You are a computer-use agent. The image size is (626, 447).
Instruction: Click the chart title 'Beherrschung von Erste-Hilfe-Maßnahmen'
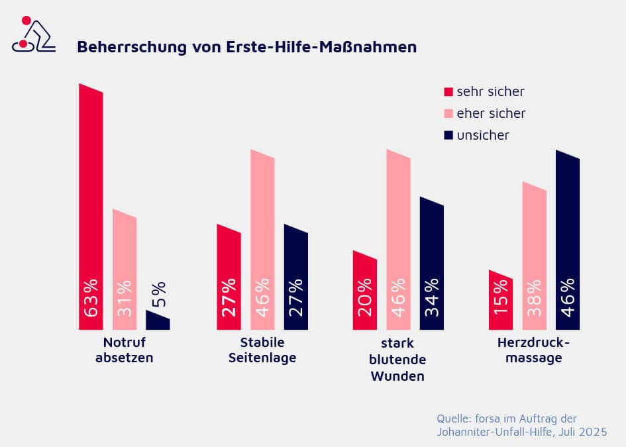[246, 47]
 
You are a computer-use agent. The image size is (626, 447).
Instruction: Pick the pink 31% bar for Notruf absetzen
[125, 272]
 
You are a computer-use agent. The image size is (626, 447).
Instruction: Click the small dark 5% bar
[158, 321]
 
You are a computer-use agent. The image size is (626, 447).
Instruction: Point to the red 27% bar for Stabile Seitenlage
[229, 278]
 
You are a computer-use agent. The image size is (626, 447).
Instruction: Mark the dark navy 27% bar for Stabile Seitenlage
[296, 278]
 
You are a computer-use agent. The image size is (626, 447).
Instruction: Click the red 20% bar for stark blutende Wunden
[365, 291]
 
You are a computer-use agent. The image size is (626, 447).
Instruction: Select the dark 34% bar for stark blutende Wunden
[432, 265]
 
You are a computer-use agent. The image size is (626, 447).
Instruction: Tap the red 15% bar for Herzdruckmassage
[501, 301]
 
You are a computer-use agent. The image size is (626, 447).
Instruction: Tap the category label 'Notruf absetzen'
[125, 350]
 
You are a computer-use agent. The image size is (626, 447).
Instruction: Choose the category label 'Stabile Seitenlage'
[262, 350]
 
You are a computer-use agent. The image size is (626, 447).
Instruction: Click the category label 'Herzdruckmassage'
[533, 350]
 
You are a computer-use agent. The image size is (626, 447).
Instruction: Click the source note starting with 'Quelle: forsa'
[521, 425]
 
